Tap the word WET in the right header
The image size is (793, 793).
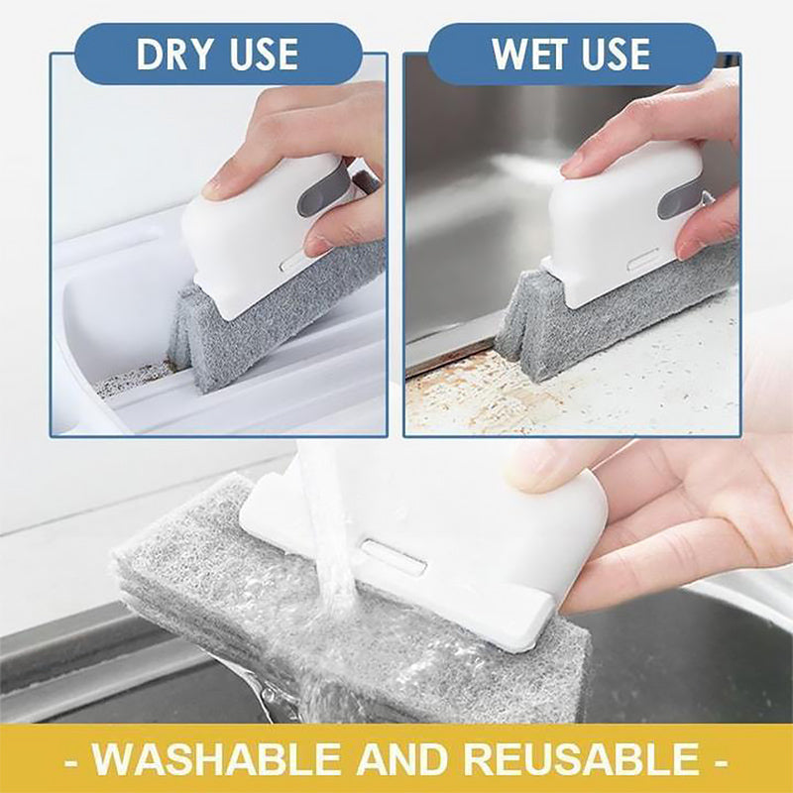click(533, 56)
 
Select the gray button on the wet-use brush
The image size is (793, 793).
click(677, 197)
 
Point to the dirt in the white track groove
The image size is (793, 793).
click(134, 377)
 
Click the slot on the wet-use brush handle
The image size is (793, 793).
click(641, 265)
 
